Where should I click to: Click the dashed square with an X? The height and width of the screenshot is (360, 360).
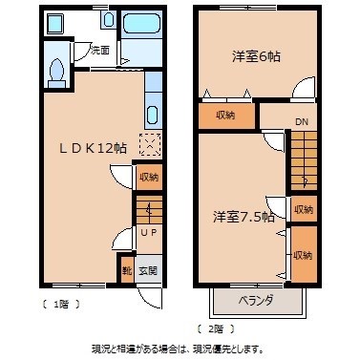click(150, 145)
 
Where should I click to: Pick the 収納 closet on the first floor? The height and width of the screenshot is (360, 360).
click(148, 177)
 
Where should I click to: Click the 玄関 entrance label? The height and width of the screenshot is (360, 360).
click(148, 271)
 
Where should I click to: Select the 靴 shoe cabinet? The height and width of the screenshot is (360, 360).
click(126, 270)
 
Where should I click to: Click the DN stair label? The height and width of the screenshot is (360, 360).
click(301, 121)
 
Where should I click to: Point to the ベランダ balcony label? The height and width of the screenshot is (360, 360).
click(255, 301)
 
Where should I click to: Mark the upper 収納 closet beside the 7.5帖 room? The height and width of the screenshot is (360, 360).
click(303, 209)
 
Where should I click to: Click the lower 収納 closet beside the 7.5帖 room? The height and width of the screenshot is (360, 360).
click(303, 255)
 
